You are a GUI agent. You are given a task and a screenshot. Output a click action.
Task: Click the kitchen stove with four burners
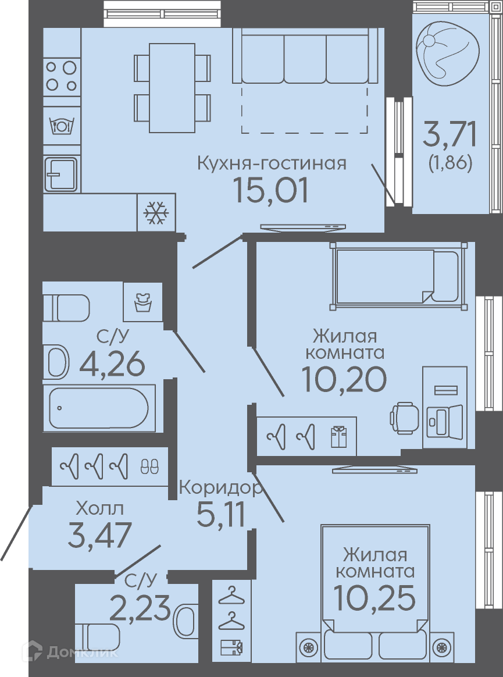(x=62, y=76)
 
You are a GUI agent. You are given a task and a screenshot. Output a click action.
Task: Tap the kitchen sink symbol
(x=61, y=174)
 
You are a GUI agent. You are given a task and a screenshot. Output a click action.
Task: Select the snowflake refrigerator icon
(x=156, y=212)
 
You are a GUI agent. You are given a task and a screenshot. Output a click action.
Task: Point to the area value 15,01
(x=271, y=190)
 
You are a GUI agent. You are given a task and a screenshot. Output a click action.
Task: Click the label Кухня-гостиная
(x=272, y=164)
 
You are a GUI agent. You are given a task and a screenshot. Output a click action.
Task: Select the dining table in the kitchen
(x=172, y=88)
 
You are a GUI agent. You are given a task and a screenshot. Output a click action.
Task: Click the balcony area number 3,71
(x=450, y=134)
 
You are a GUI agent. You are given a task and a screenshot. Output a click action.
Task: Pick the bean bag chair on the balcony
(x=447, y=51)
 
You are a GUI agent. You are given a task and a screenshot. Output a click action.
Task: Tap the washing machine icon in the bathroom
(x=142, y=302)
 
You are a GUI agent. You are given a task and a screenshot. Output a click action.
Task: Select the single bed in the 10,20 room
(x=398, y=276)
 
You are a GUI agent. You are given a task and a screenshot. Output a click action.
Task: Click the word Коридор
(x=220, y=487)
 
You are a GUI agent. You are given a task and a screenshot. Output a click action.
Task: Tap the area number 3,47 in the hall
(x=99, y=535)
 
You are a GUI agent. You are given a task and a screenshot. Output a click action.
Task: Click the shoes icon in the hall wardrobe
(x=150, y=466)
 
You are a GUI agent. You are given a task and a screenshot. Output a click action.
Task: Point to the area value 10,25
(x=374, y=598)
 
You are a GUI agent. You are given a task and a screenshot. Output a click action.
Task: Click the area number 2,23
(x=140, y=607)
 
